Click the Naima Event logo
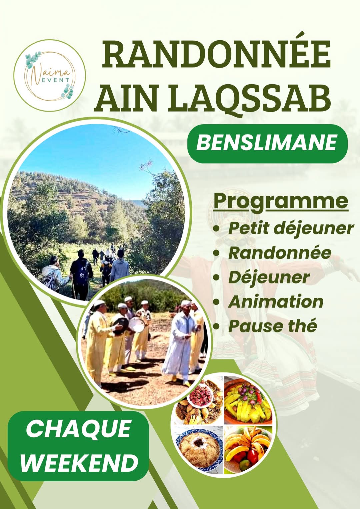(50, 76)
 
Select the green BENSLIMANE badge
(267, 144)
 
